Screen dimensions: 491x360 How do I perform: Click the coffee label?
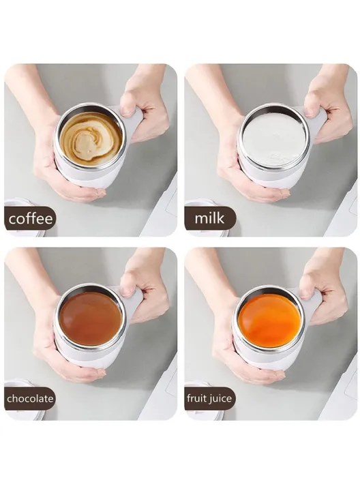click(x=29, y=220)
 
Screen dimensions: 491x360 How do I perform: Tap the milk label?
click(x=209, y=220)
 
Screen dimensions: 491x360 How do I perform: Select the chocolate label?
click(x=29, y=398)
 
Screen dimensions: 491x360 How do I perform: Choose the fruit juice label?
click(x=209, y=398)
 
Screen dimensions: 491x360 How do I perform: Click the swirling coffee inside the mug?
click(x=89, y=138)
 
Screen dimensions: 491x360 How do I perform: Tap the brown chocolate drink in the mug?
click(x=89, y=318)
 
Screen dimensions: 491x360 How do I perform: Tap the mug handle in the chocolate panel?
click(x=136, y=299)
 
